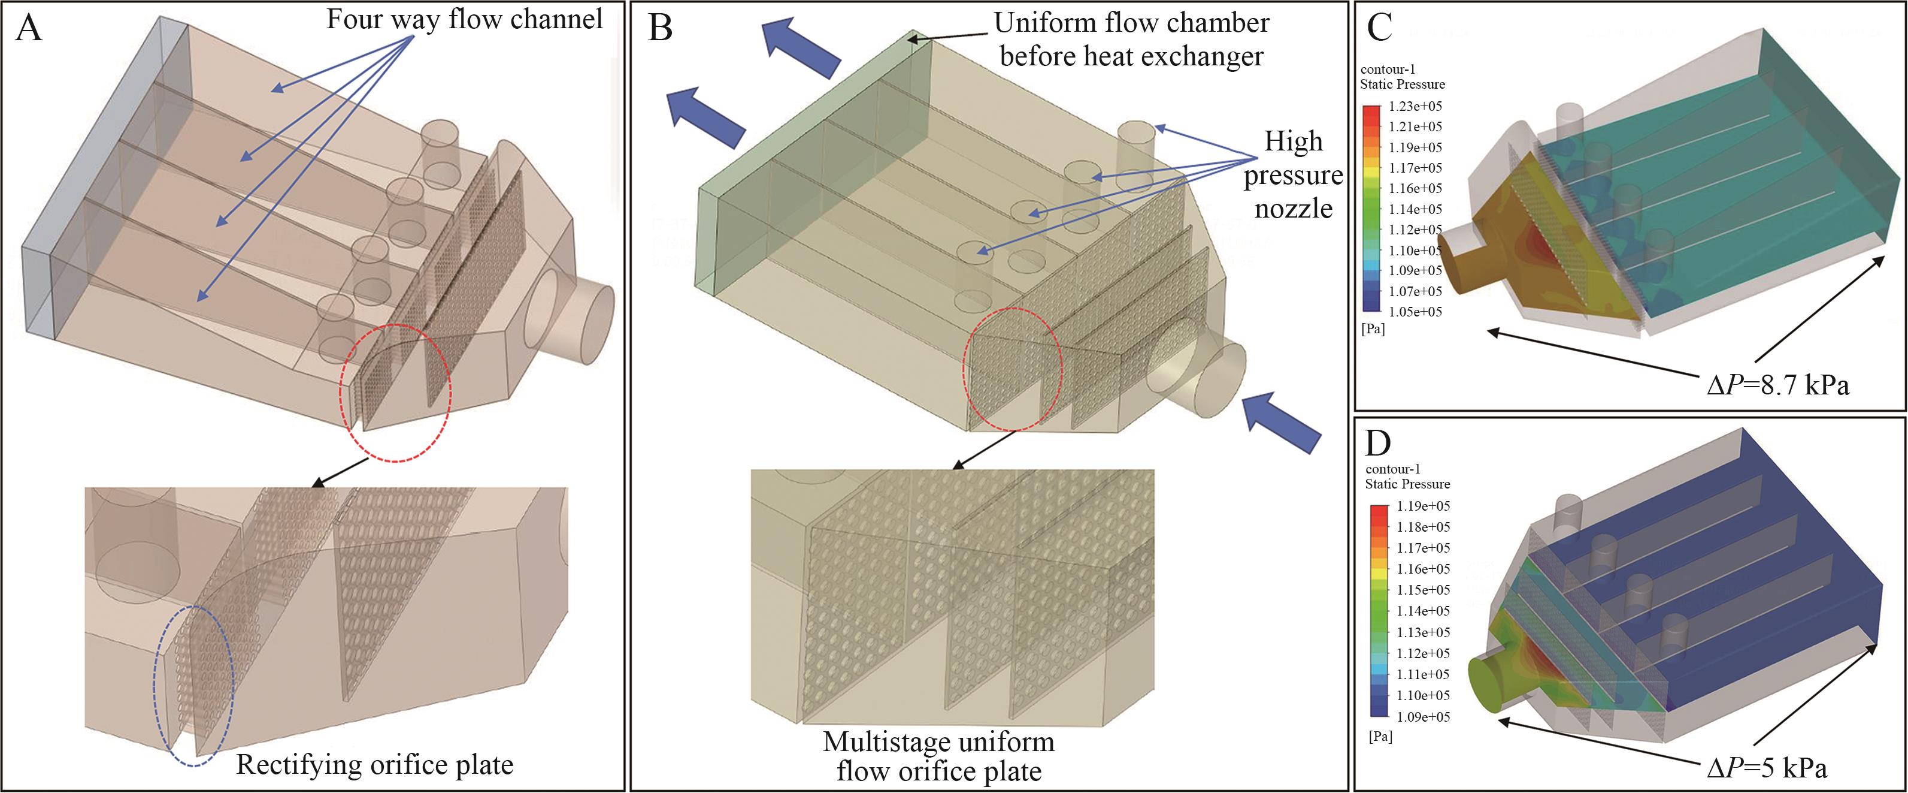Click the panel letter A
[29, 29]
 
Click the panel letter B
[659, 29]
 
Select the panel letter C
[1379, 28]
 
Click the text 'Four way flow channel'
[464, 19]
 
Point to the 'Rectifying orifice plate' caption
[374, 765]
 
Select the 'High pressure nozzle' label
[1293, 175]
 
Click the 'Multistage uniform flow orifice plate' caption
[938, 756]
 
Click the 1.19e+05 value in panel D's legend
[1423, 506]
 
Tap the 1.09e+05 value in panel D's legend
[1423, 717]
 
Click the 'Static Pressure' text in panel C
[1402, 85]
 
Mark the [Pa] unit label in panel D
[1380, 737]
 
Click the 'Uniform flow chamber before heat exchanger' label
[1131, 40]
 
